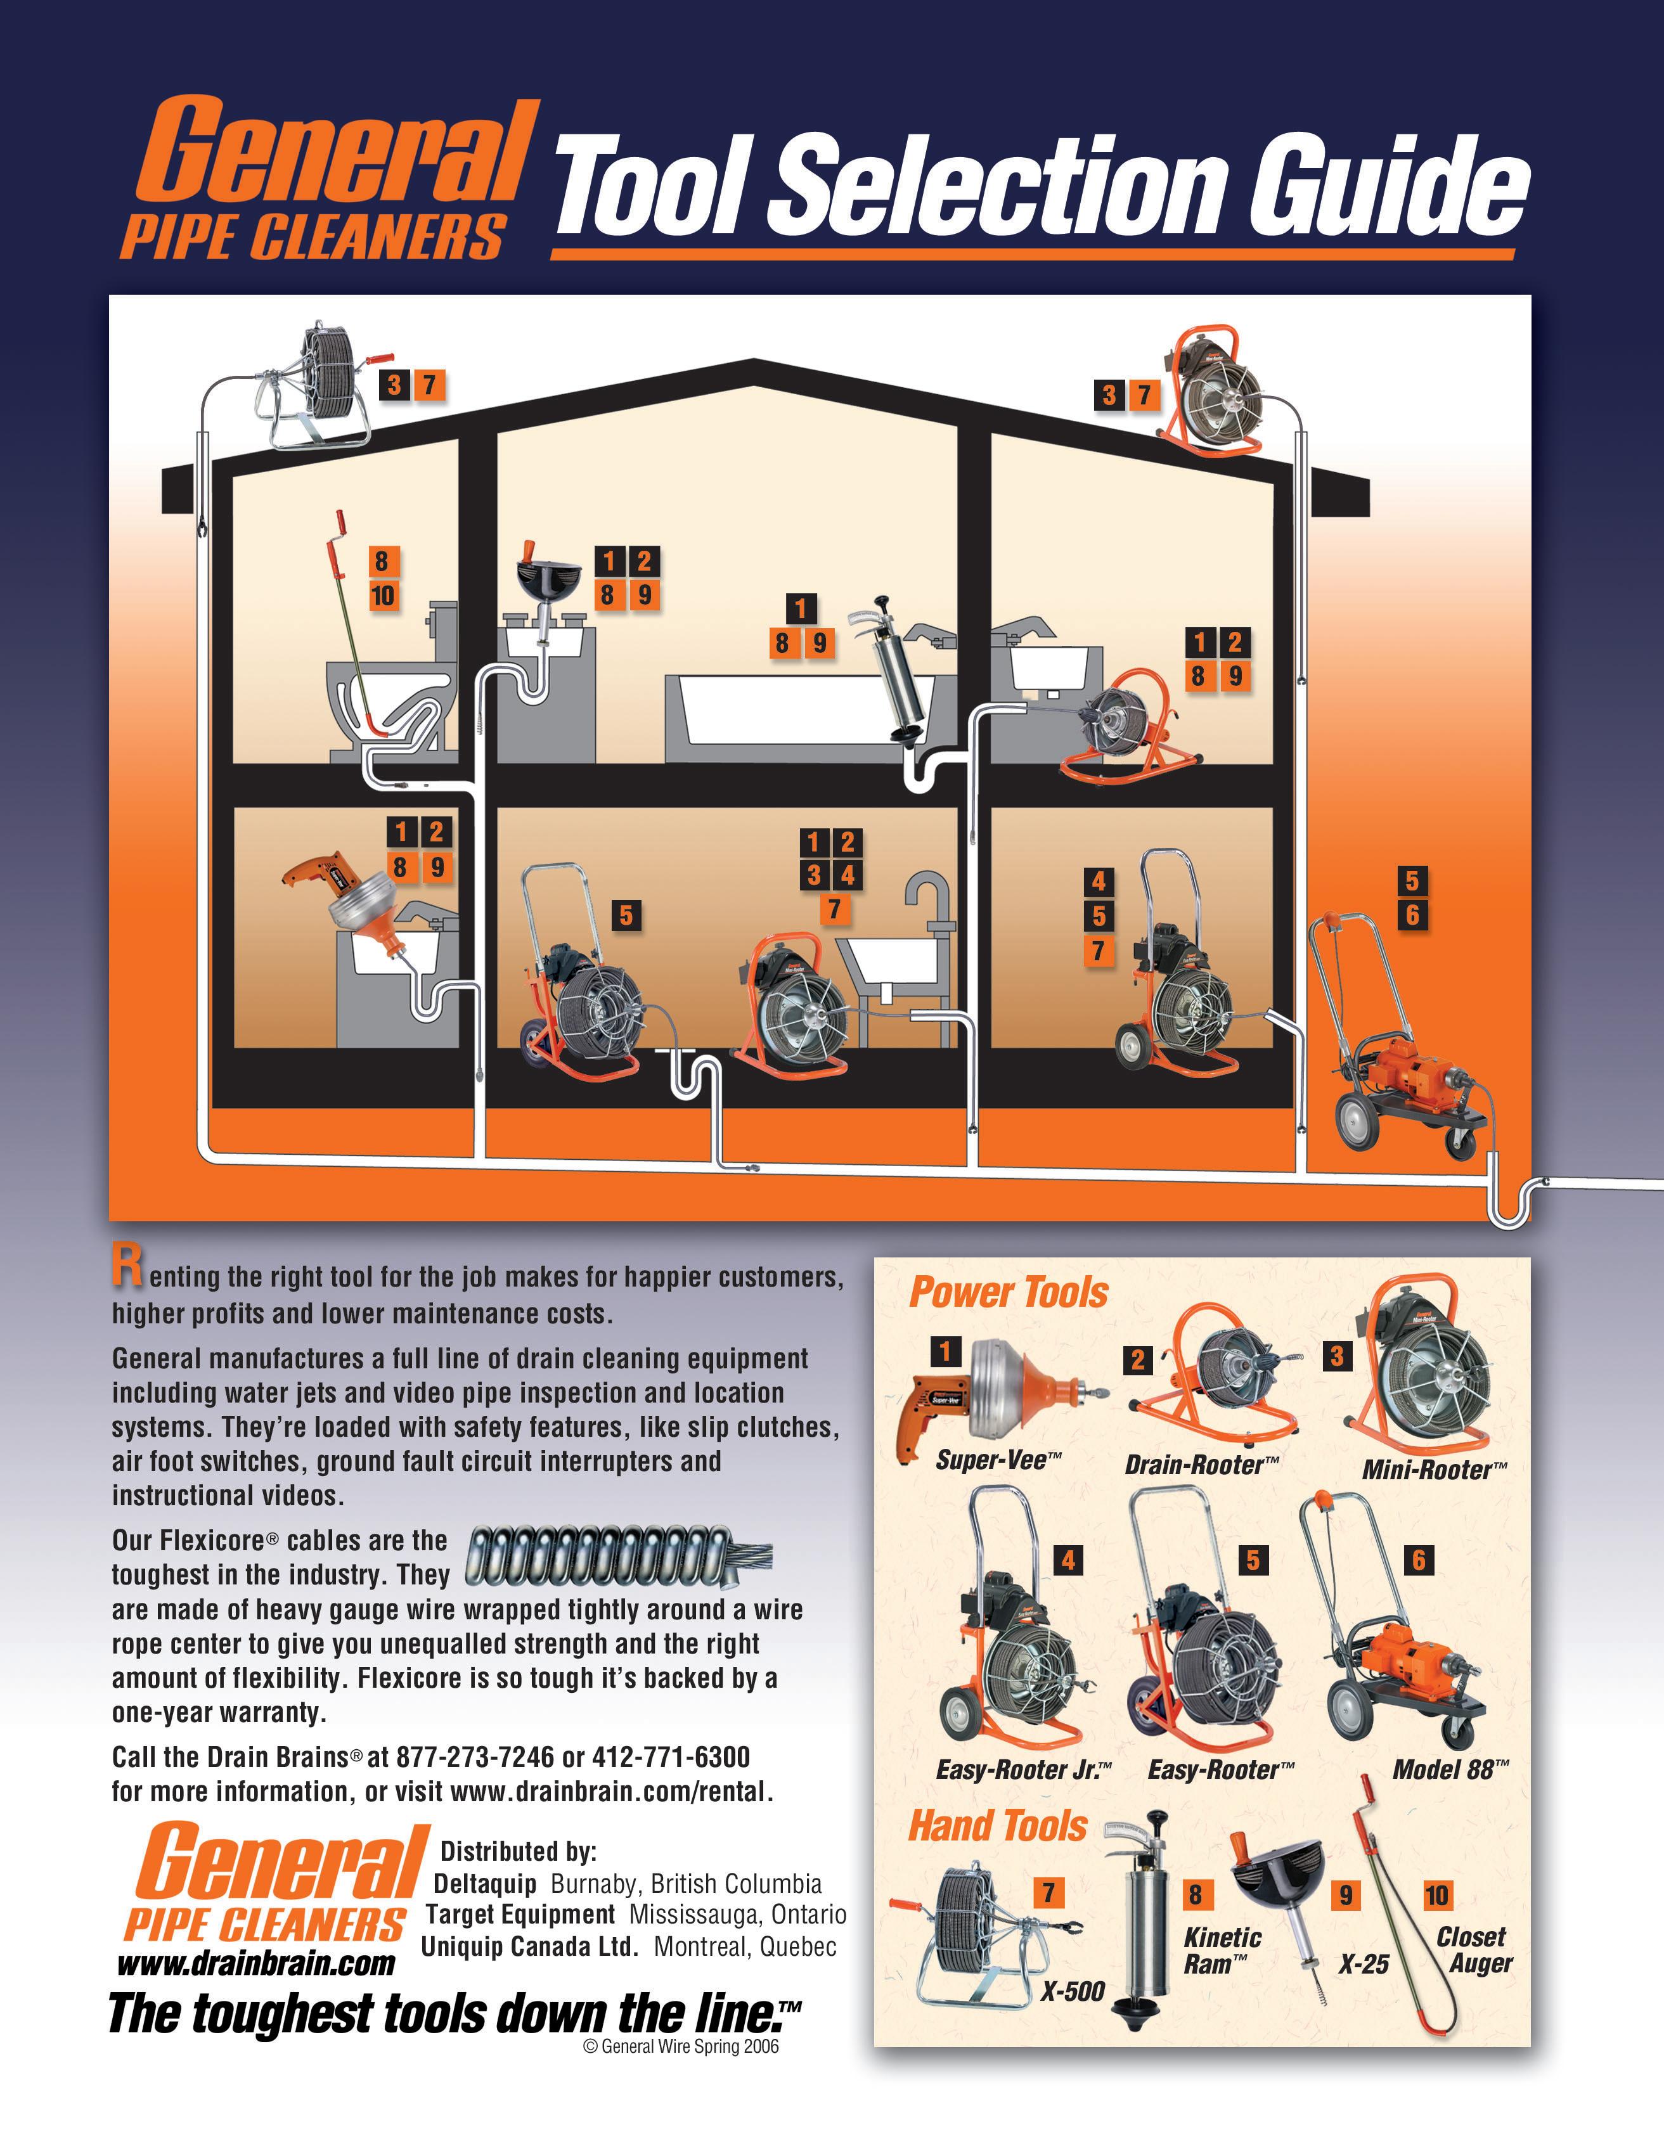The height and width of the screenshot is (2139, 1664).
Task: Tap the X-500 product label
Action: pyautogui.click(x=1073, y=1991)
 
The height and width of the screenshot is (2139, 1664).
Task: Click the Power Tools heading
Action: pyautogui.click(x=1009, y=1293)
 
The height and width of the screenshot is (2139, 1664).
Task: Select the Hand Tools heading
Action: pyautogui.click(x=998, y=1827)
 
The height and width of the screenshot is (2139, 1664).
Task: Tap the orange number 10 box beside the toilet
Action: pyautogui.click(x=382, y=594)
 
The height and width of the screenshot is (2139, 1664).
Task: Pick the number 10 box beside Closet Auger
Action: pyautogui.click(x=1437, y=1895)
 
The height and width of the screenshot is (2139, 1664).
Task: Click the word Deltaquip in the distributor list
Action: pyautogui.click(x=485, y=1884)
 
